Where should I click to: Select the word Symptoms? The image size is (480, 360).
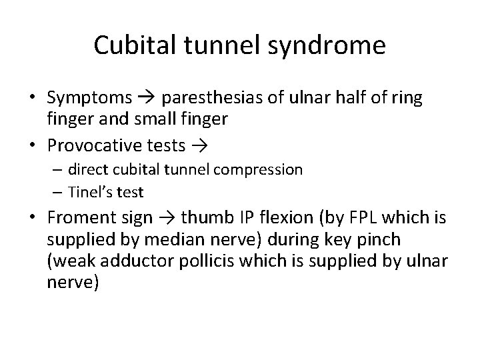(89, 98)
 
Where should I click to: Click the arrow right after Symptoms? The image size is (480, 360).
(147, 98)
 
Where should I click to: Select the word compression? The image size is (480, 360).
(262, 169)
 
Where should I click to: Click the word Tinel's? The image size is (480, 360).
(89, 191)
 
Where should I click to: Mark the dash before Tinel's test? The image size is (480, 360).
(57, 191)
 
